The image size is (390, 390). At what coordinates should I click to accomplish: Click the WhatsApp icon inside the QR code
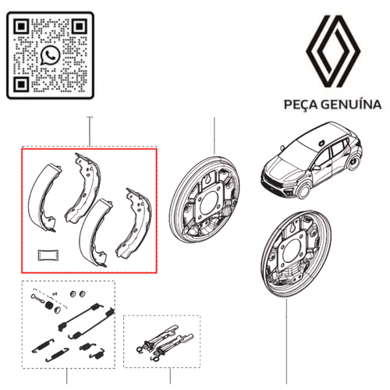point(51,54)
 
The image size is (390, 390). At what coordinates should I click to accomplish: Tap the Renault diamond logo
point(331,51)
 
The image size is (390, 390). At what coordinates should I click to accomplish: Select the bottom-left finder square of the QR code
point(23,83)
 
